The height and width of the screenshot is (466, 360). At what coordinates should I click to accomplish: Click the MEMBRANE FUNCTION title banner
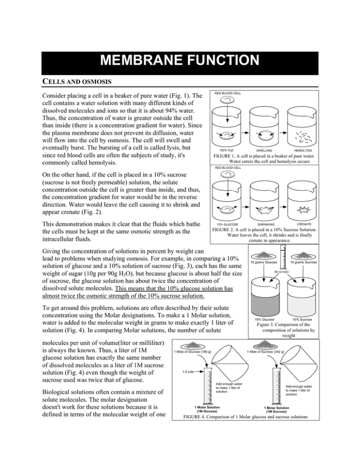(180, 60)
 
